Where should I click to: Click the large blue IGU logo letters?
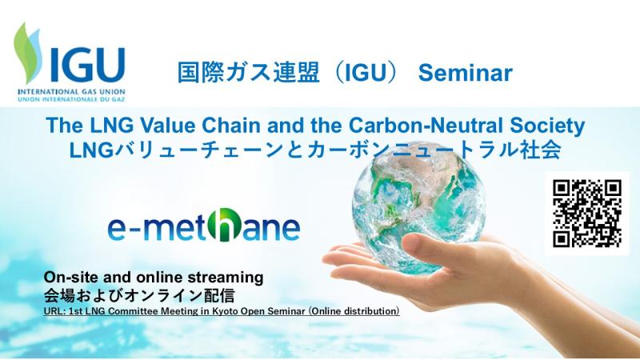pos(88,66)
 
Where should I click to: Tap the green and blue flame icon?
pos(28,52)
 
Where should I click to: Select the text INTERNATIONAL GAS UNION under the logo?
pos(71,92)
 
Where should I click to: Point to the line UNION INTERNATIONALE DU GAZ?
pos(71,98)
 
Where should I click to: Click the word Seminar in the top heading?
pos(466,73)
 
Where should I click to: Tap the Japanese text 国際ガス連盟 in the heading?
pos(248,73)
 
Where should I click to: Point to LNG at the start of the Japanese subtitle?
pos(91,150)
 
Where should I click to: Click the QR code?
pos(587,214)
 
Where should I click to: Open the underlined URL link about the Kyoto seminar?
pos(222,311)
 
